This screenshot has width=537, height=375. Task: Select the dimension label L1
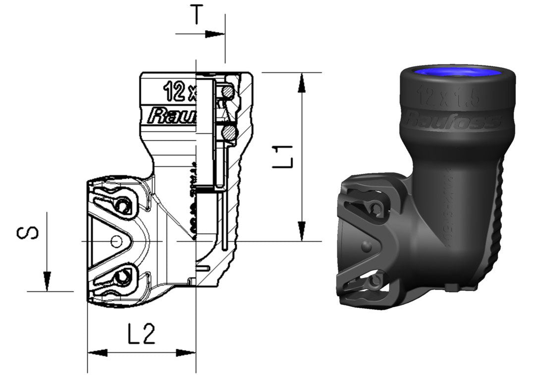(284, 156)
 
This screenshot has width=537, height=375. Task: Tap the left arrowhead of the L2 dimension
(98, 353)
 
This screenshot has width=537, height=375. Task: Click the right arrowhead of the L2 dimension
(186, 353)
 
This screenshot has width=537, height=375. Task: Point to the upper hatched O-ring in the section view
(227, 91)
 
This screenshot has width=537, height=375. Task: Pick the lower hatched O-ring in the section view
(228, 132)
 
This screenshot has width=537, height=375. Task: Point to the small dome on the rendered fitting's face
(366, 246)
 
